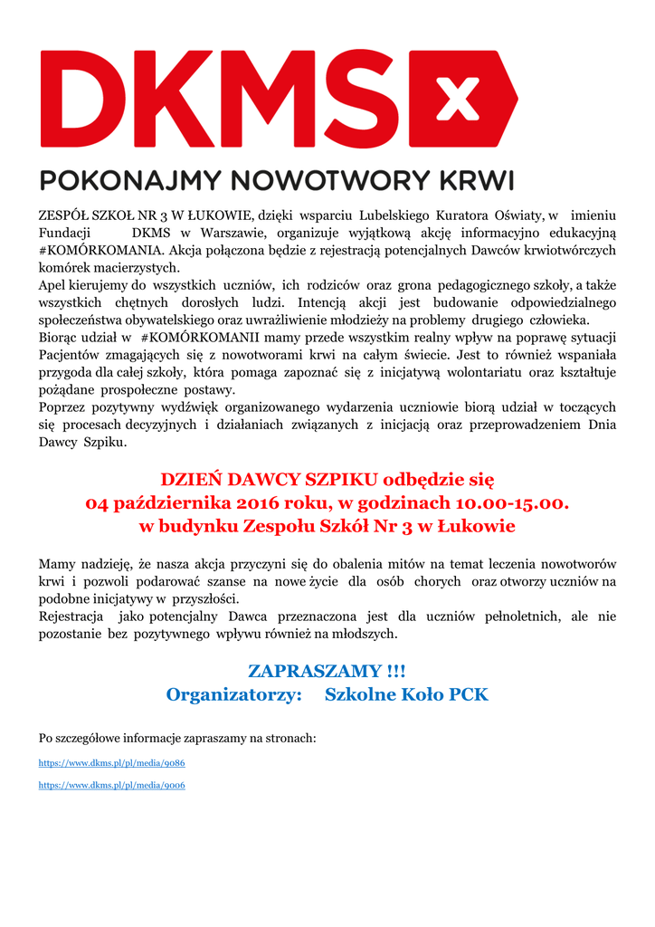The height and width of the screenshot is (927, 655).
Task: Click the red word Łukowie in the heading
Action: (x=478, y=526)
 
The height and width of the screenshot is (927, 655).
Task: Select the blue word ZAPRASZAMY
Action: (x=308, y=671)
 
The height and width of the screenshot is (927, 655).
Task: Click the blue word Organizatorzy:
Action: (x=233, y=694)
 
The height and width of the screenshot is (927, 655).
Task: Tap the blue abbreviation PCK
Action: (x=469, y=694)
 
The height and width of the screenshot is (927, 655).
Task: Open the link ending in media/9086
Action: (x=111, y=763)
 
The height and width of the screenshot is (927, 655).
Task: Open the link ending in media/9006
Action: (x=111, y=785)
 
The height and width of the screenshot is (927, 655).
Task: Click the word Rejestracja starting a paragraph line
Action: (x=73, y=616)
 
